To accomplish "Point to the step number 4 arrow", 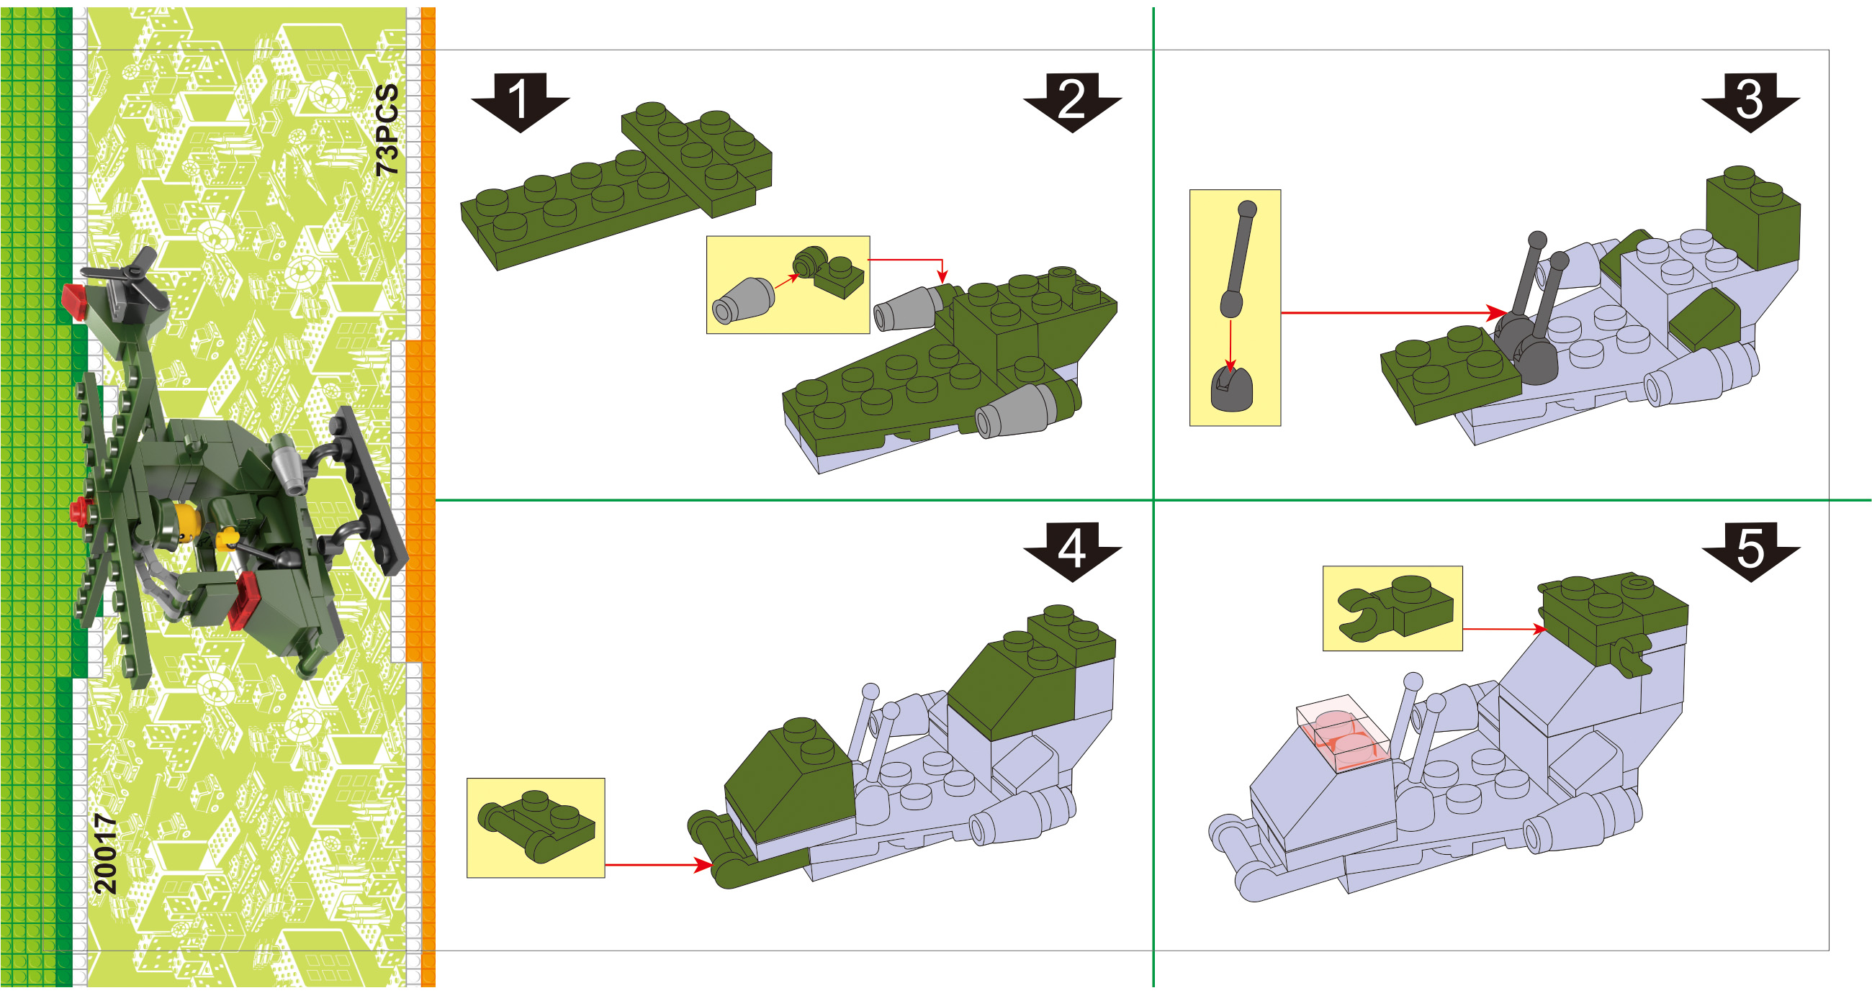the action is point(1073,551).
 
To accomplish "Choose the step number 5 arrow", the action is point(1750,551).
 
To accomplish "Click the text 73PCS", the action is point(388,130).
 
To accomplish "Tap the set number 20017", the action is point(106,853).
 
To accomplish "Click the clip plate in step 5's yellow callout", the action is point(1395,609).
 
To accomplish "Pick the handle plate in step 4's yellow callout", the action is point(536,827).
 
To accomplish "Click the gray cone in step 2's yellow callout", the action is point(744,299).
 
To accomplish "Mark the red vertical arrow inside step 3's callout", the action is point(1230,345).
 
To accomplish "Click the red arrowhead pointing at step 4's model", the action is point(703,865).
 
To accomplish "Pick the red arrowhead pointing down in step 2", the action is point(942,277).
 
